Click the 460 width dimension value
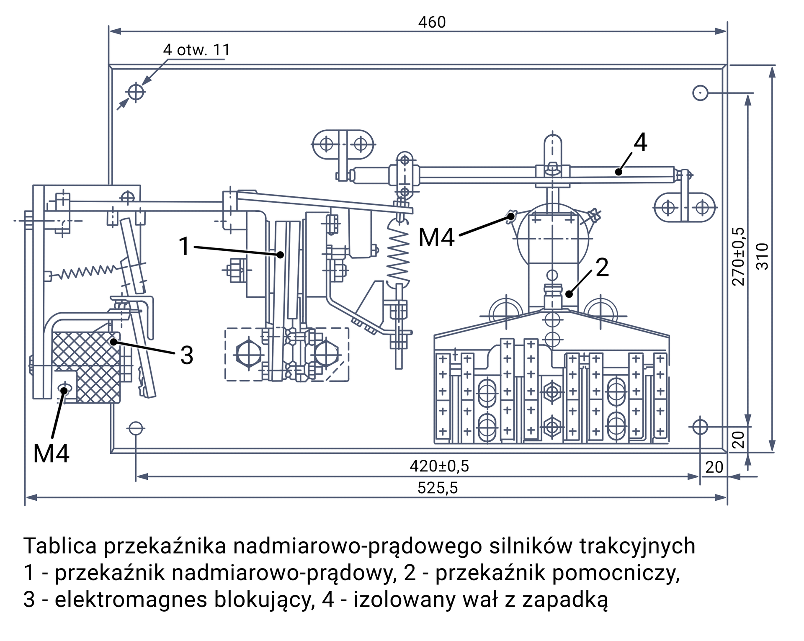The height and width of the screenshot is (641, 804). pyautogui.click(x=432, y=22)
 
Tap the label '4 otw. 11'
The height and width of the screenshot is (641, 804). pyautogui.click(x=196, y=50)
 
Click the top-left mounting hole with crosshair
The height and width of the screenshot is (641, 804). pyautogui.click(x=136, y=92)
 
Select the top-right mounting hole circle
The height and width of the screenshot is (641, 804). pyautogui.click(x=700, y=93)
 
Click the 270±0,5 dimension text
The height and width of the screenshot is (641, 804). pyautogui.click(x=738, y=256)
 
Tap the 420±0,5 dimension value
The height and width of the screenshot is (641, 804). pyautogui.click(x=439, y=466)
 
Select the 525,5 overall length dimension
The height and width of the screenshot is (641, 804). pyautogui.click(x=438, y=488)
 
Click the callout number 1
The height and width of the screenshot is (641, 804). pyautogui.click(x=184, y=246)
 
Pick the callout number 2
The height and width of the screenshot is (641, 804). pyautogui.click(x=602, y=268)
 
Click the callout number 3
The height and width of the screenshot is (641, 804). pyautogui.click(x=187, y=355)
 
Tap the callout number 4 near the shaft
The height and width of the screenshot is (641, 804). pyautogui.click(x=640, y=142)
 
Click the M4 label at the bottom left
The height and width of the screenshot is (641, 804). pyautogui.click(x=51, y=453)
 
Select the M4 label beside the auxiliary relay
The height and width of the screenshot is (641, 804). pyautogui.click(x=436, y=237)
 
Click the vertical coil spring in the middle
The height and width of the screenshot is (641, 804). pyautogui.click(x=397, y=255)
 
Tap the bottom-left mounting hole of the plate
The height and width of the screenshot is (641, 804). pyautogui.click(x=136, y=429)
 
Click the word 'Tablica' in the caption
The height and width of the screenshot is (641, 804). pyautogui.click(x=60, y=546)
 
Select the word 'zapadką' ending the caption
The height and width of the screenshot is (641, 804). pyautogui.click(x=565, y=600)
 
